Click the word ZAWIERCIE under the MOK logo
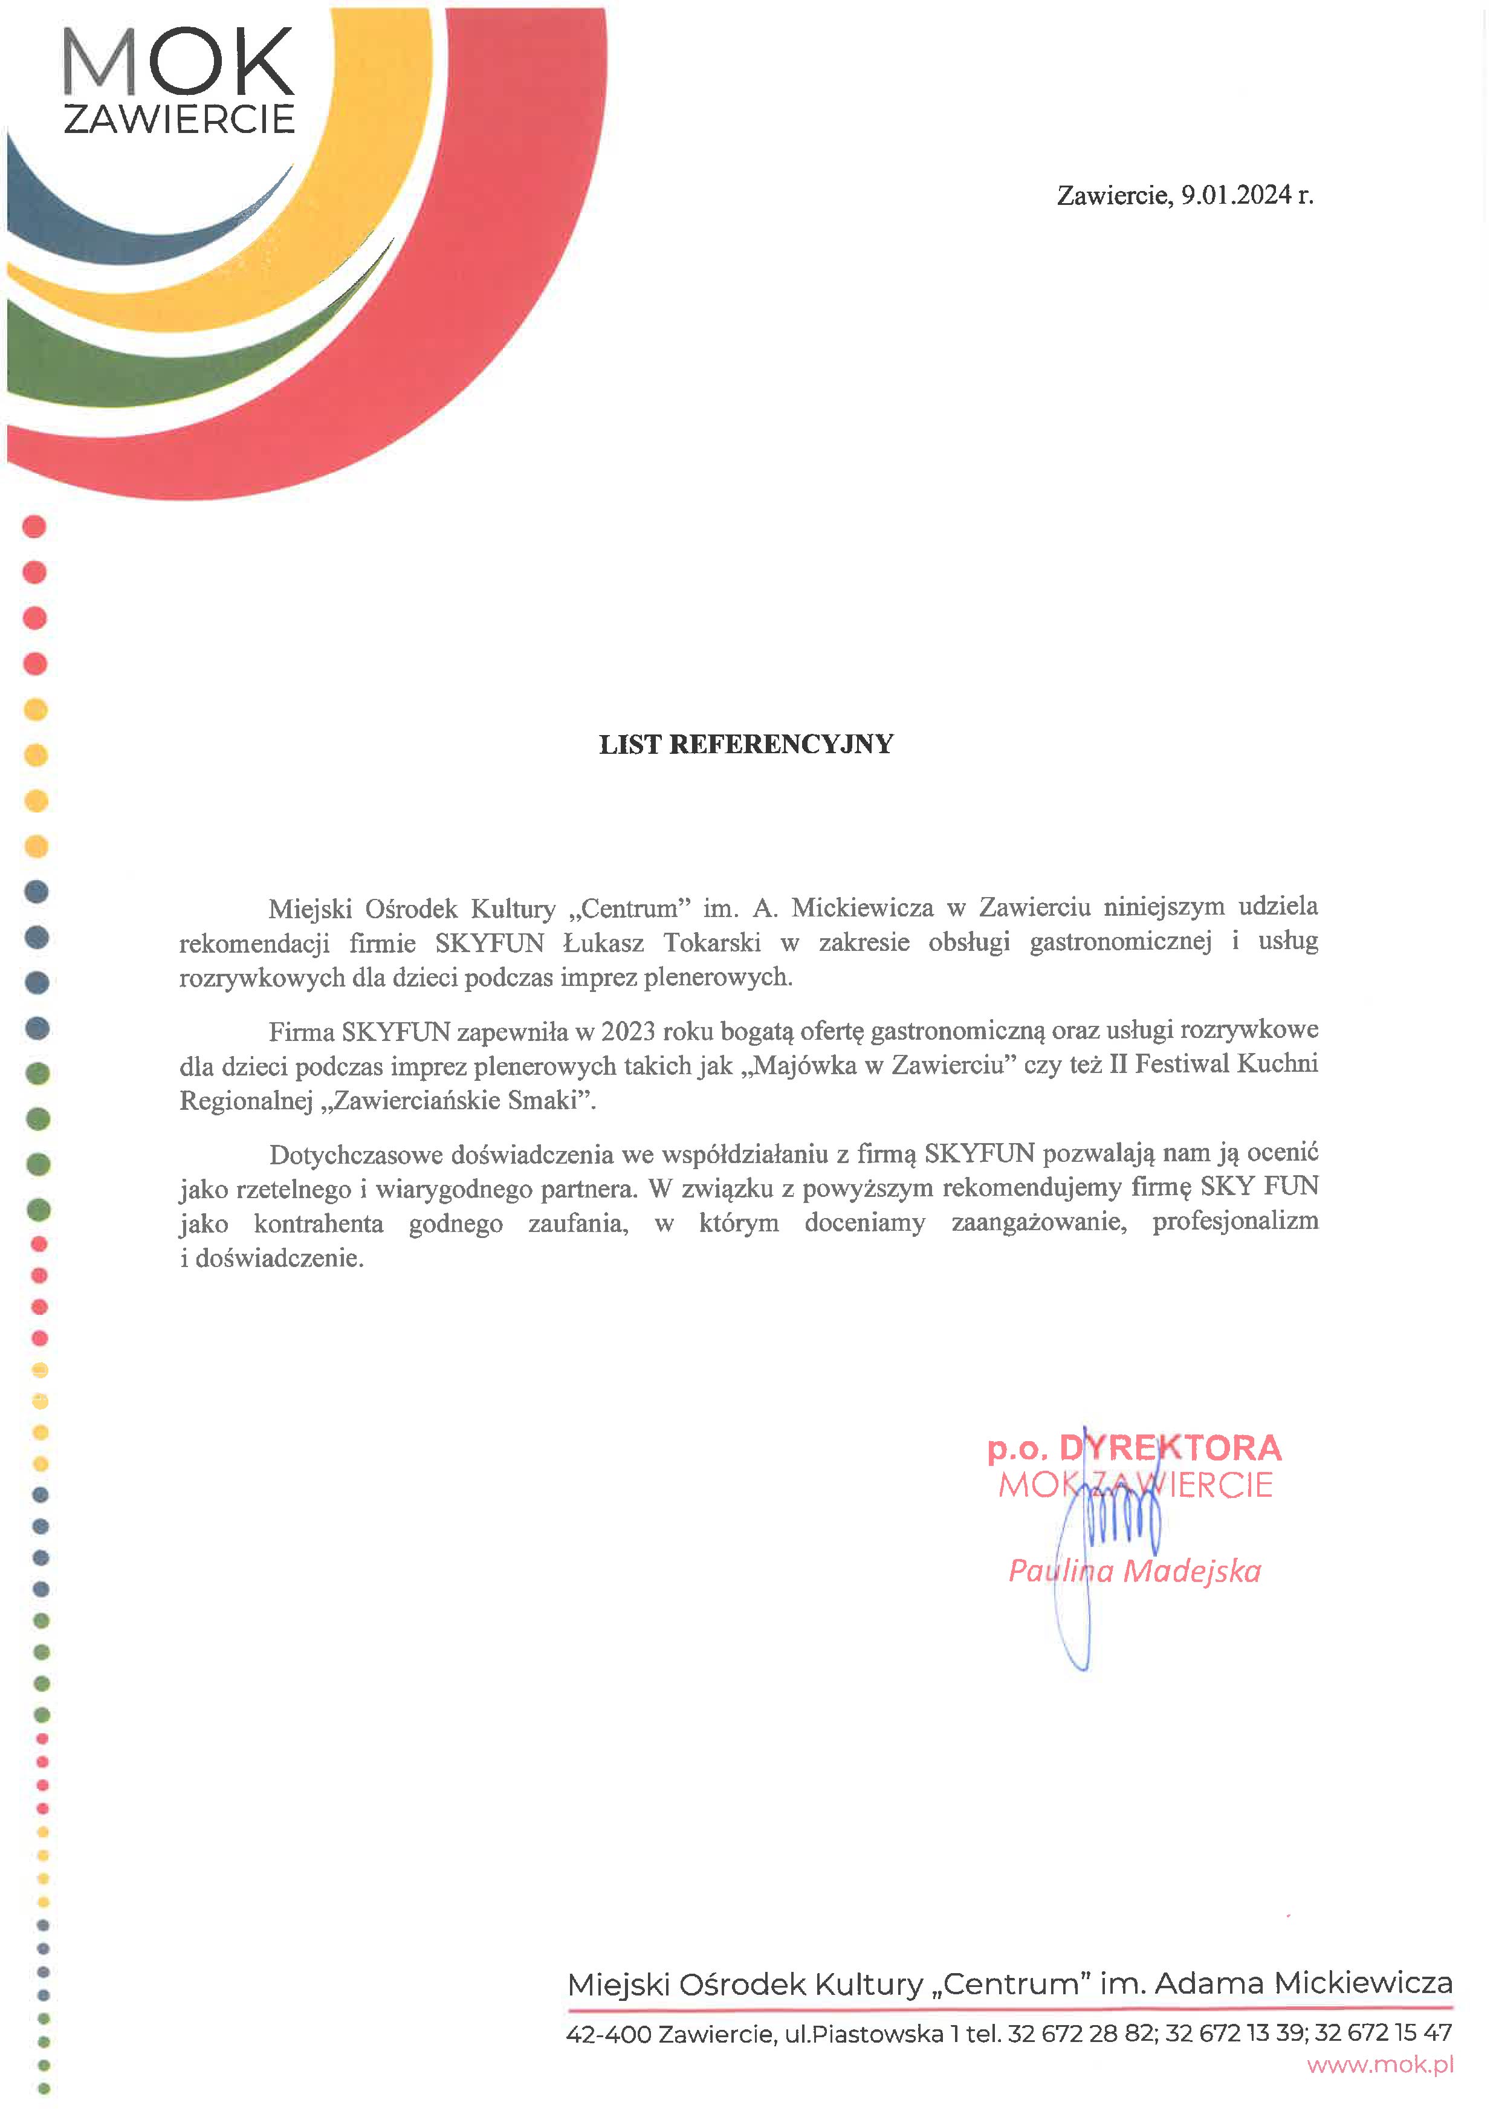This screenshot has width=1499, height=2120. pos(178,119)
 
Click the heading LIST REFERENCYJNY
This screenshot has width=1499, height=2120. pos(746,744)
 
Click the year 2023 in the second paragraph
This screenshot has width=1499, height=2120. pos(627,1031)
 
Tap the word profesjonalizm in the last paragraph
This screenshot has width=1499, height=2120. pos(1235,1222)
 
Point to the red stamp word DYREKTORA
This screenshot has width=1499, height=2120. pos(1170,1448)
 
